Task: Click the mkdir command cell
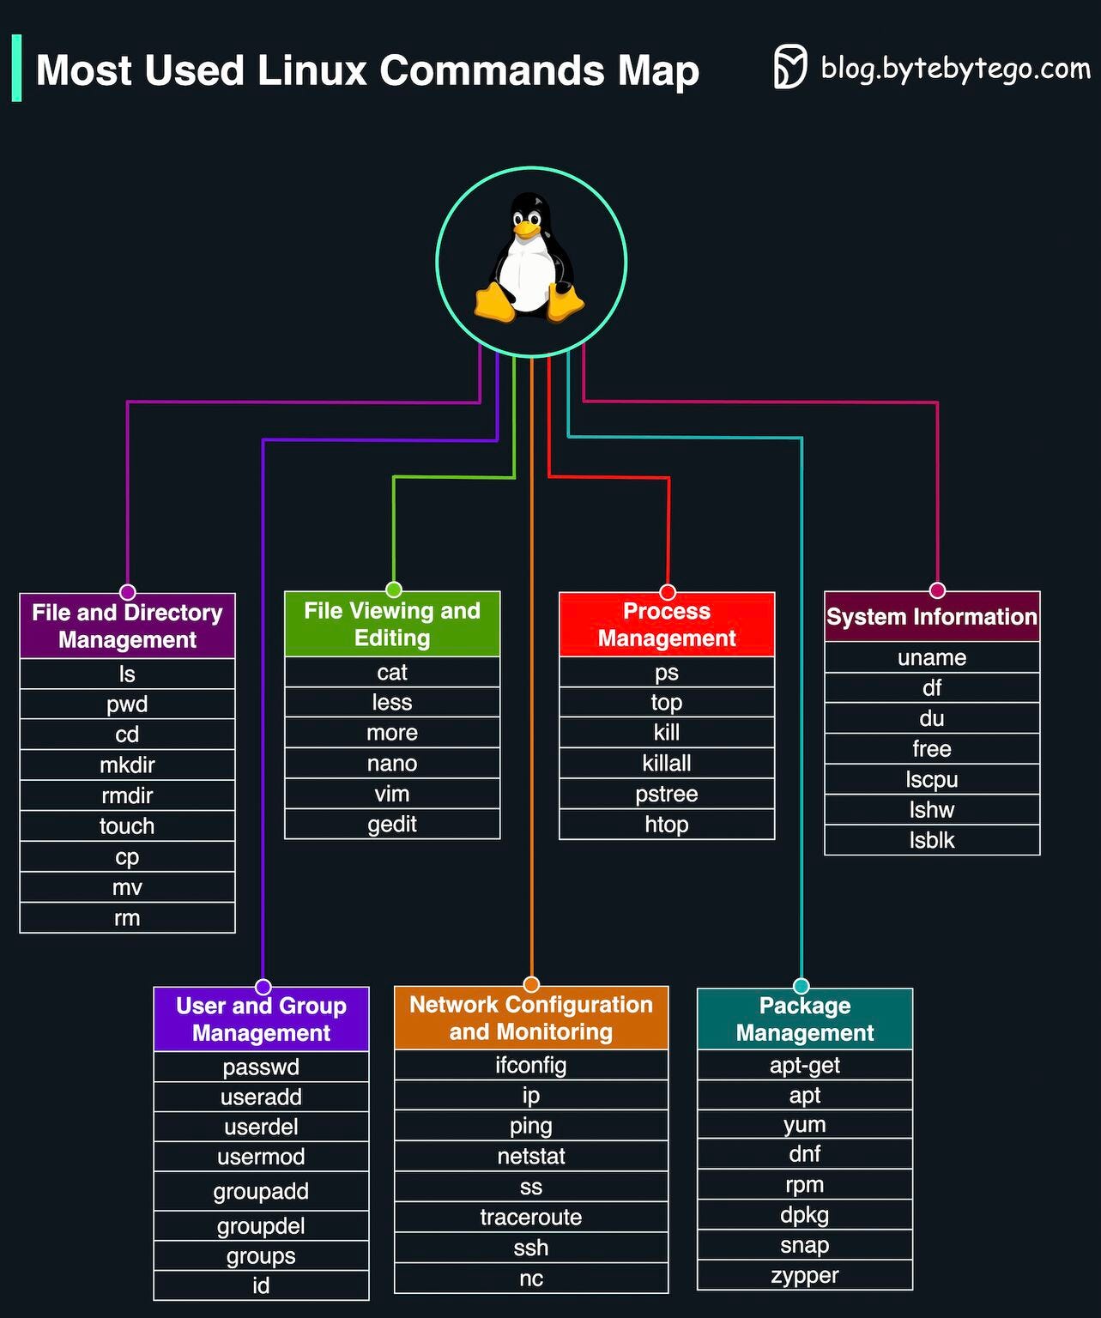click(127, 765)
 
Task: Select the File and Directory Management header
click(127, 626)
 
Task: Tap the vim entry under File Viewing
click(392, 794)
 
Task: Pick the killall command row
click(667, 763)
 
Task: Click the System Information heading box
click(932, 616)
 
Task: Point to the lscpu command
click(932, 779)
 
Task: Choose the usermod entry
click(261, 1157)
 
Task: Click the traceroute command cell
click(531, 1217)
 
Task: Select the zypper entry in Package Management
click(805, 1275)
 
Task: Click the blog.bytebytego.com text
click(955, 68)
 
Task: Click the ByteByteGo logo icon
click(790, 67)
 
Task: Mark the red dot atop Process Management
click(668, 592)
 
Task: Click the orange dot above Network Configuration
click(531, 984)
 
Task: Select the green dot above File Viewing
click(394, 589)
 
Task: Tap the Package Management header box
click(805, 1019)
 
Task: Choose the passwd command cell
click(261, 1067)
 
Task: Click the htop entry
click(667, 825)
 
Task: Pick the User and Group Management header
click(261, 1019)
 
